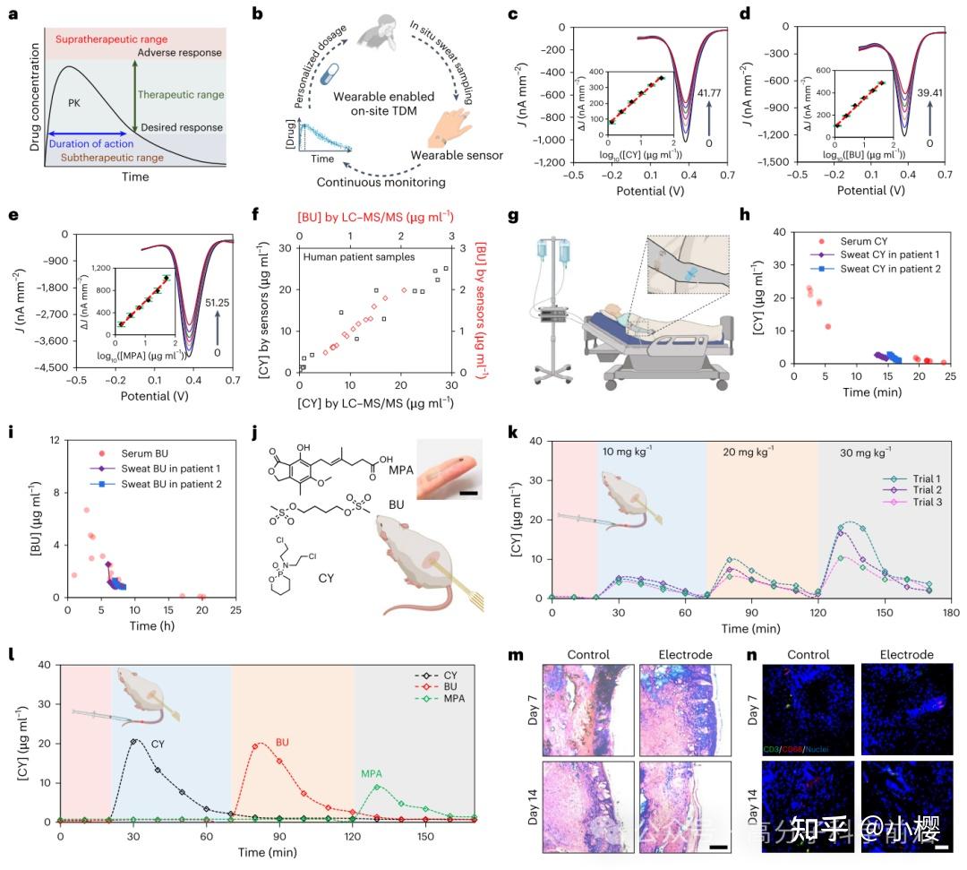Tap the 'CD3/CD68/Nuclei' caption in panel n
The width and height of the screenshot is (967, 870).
(x=789, y=748)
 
